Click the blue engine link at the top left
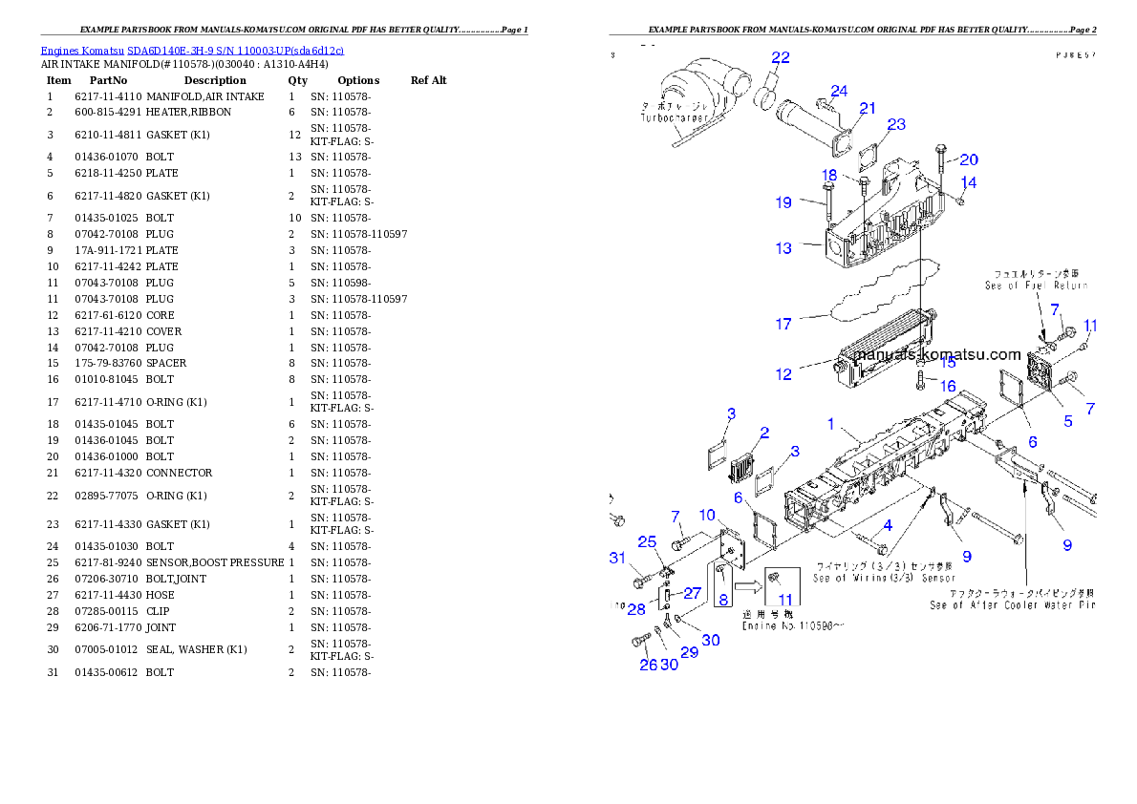tap(191, 51)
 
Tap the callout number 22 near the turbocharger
tap(781, 57)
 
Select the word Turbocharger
tap(674, 117)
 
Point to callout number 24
tap(839, 92)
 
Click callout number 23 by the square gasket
tap(896, 125)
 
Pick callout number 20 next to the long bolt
tap(969, 160)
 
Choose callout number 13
tap(783, 248)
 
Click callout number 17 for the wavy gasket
tap(783, 325)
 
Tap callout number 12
tap(783, 374)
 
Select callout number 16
tap(948, 387)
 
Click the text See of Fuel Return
tap(1037, 286)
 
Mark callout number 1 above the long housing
tap(830, 423)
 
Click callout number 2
tap(764, 433)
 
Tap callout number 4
tap(888, 524)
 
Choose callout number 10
tap(707, 516)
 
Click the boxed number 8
tap(723, 601)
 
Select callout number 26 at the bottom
tap(648, 665)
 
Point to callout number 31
tap(617, 559)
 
